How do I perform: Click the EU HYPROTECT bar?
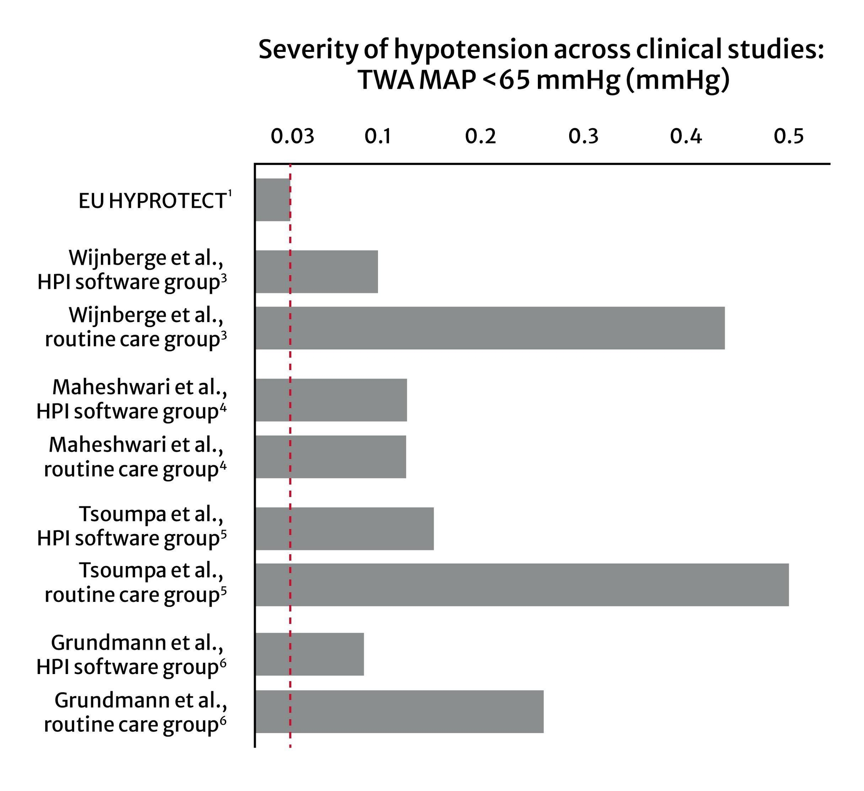click(x=273, y=200)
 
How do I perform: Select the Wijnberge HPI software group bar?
click(x=316, y=272)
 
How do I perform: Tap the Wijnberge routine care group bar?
click(x=489, y=328)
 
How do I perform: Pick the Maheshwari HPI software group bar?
click(x=331, y=400)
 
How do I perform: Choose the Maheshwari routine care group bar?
click(x=330, y=457)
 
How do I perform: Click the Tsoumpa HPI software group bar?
click(x=344, y=528)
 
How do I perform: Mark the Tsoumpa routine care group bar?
click(x=521, y=585)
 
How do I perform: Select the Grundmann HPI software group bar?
click(x=309, y=654)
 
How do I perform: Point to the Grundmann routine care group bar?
click(x=399, y=712)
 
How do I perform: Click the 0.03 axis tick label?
click(x=292, y=136)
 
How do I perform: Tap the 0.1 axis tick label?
click(x=378, y=136)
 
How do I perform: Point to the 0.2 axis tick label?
click(x=481, y=136)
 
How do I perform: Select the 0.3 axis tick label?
click(x=583, y=136)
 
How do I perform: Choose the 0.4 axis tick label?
click(x=686, y=136)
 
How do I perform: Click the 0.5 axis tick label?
click(x=788, y=136)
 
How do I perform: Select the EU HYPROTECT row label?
click(x=152, y=201)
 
